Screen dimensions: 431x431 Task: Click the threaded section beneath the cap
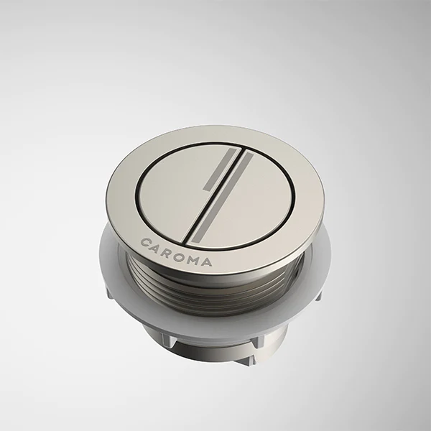[215, 291]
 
